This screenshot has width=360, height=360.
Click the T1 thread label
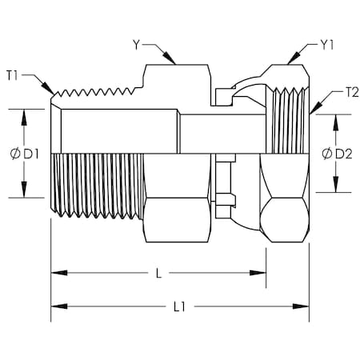[12, 76]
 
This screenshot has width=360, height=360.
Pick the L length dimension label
[158, 274]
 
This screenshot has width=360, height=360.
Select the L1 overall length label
[179, 306]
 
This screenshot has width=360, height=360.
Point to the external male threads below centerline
[96, 184]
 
